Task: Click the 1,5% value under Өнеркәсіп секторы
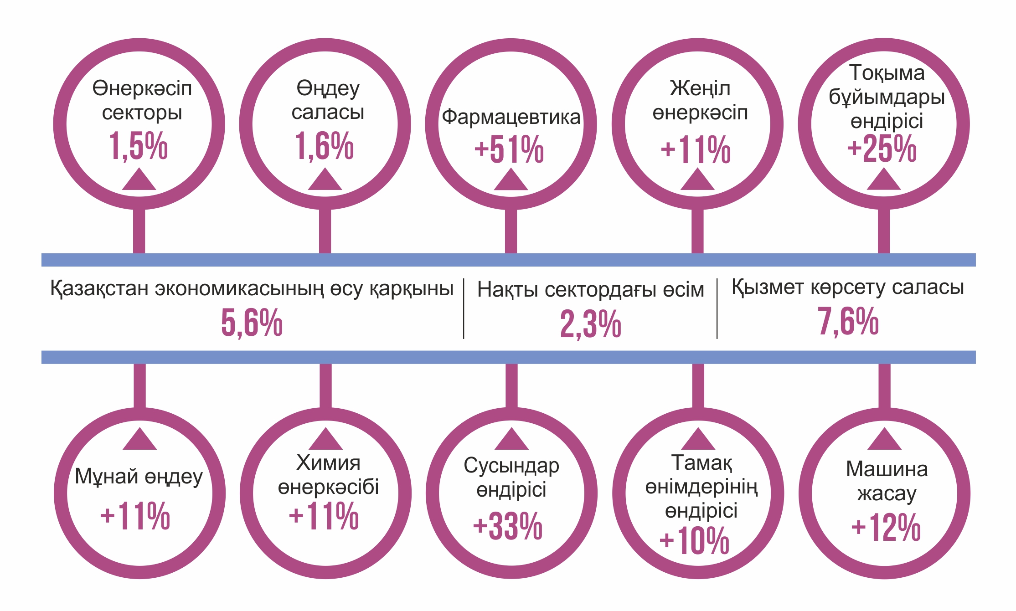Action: coord(138,146)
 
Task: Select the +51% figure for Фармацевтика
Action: coord(509,149)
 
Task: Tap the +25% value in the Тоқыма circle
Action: coord(882,149)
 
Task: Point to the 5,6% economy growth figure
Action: coord(252,323)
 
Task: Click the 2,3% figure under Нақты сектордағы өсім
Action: coord(591,324)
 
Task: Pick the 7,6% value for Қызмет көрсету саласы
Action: coord(848,321)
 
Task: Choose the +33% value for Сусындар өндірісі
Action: coord(508,526)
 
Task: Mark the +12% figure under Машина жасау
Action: coord(886,528)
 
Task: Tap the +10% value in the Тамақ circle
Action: coord(695,541)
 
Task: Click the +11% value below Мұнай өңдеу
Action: coord(135,516)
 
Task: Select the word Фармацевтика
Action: coord(511,117)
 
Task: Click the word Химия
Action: coord(328,463)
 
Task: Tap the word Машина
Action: coord(887,469)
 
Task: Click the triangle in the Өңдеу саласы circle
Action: coord(325,180)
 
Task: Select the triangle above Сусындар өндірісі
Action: coord(511,440)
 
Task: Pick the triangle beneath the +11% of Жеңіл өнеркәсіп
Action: coord(697,180)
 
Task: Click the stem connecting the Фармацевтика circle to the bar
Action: coord(511,231)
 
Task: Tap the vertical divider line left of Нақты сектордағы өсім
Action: coord(464,308)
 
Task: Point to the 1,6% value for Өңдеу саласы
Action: coord(324,146)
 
